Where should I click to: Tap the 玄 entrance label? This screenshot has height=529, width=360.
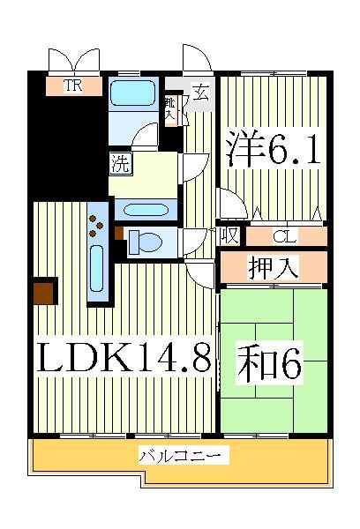click(200, 91)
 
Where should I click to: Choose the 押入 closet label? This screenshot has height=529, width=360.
click(272, 265)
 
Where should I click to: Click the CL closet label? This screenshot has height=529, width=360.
click(283, 235)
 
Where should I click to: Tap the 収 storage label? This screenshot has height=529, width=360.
click(229, 235)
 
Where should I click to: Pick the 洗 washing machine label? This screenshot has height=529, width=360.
click(118, 162)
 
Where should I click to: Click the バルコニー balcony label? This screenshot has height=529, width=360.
click(184, 456)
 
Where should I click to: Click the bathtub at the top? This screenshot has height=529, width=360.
click(133, 97)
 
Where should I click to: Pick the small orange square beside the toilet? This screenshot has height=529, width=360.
click(119, 234)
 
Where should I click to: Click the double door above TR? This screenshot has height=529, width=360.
click(74, 61)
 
